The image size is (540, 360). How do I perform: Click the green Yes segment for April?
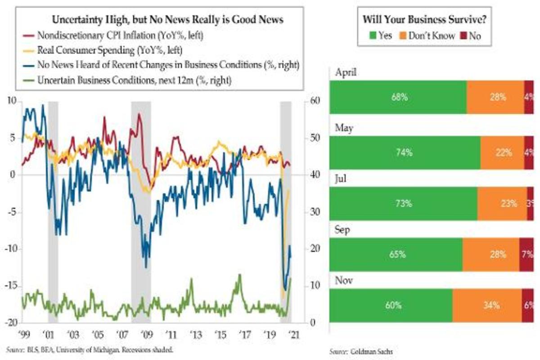coord(398,97)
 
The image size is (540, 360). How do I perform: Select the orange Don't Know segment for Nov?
coord(487,306)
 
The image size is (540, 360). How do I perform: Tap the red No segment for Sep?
coord(526,254)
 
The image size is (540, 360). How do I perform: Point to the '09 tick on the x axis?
coord(146,335)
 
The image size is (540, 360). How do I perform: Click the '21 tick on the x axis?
coord(295,335)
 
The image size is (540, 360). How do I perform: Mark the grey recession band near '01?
coord(53,211)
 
